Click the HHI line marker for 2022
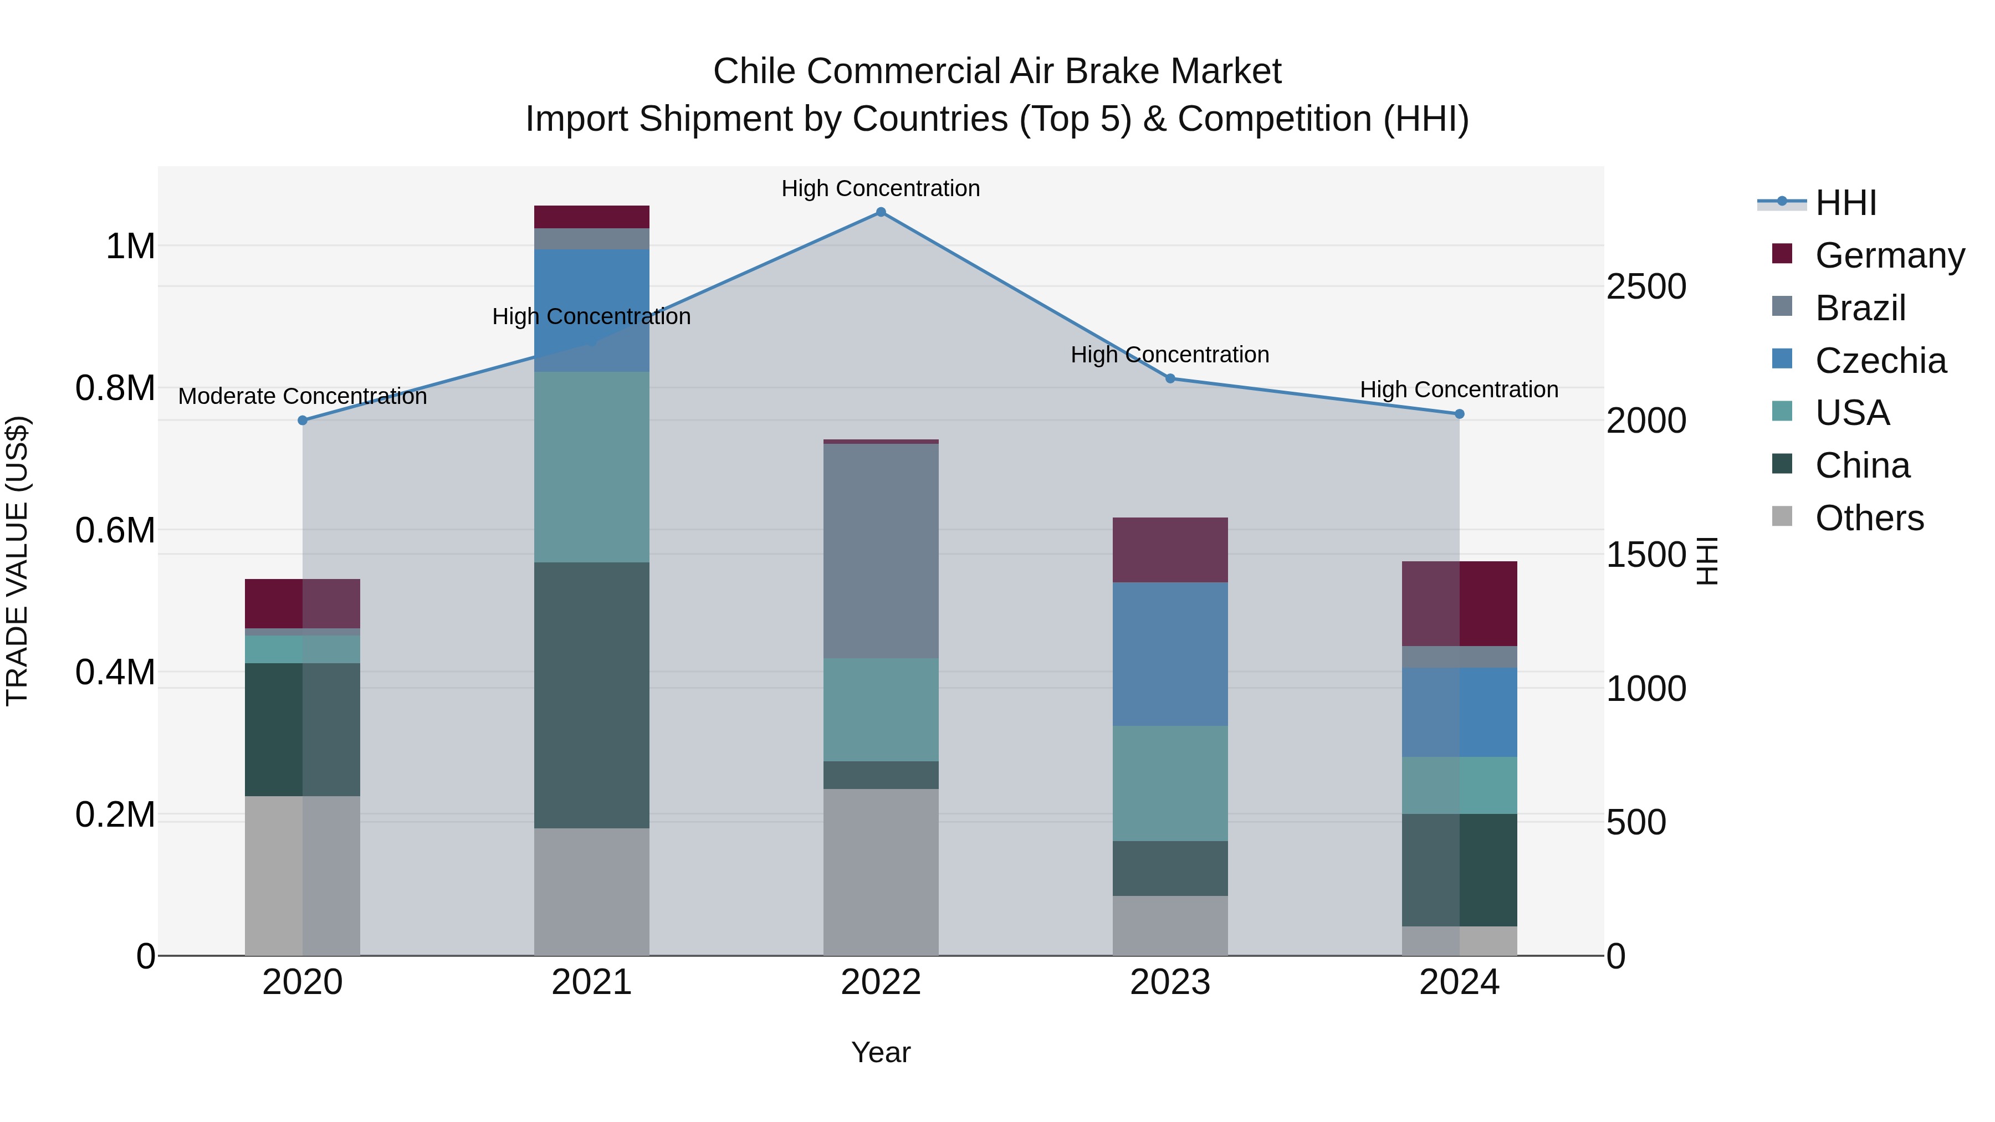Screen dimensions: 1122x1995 point(881,212)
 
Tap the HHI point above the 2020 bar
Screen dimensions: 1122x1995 point(303,421)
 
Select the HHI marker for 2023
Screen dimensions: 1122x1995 point(1170,378)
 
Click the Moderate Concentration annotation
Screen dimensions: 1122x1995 point(302,397)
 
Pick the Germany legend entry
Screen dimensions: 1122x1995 point(1889,255)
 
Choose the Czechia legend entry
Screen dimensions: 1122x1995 point(1880,361)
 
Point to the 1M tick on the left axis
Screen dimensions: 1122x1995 point(130,247)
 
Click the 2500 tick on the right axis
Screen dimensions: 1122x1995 point(1646,287)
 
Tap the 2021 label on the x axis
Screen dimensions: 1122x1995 point(592,982)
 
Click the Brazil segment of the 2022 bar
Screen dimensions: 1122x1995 point(881,551)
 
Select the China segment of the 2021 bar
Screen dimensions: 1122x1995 point(592,695)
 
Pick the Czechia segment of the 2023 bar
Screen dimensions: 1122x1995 point(1170,654)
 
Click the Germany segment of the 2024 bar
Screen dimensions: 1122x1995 point(1459,604)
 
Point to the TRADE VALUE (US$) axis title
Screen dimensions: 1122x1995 point(17,561)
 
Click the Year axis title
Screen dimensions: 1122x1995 point(881,1053)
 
